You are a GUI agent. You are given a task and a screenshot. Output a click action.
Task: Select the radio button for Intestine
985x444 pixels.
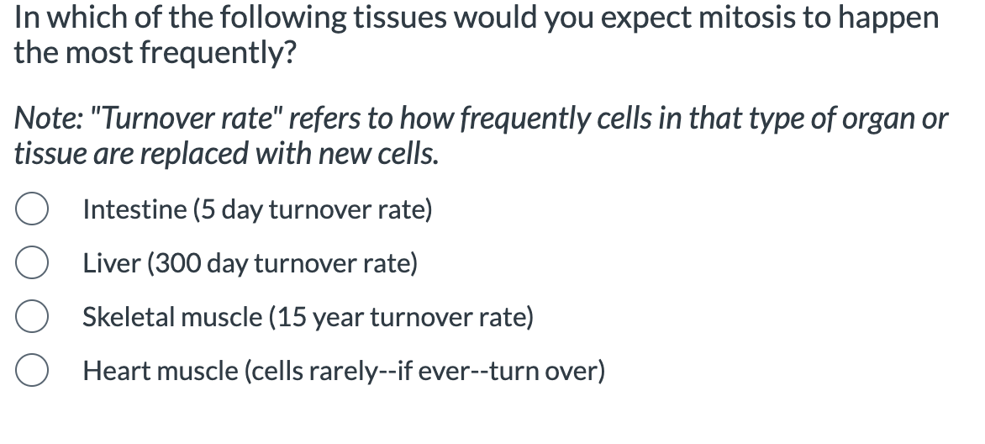30,210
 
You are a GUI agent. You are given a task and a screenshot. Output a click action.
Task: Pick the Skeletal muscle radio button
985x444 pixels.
30,318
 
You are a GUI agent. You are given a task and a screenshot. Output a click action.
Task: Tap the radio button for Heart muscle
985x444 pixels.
30,372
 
